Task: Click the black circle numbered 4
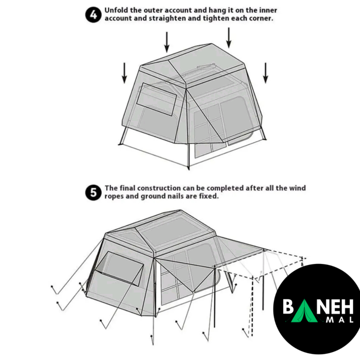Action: point(93,15)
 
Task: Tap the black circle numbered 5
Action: point(93,192)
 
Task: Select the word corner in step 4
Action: point(261,18)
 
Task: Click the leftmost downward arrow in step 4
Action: point(124,73)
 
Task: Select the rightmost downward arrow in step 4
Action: point(265,73)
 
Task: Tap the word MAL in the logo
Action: point(339,319)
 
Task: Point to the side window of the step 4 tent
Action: point(156,99)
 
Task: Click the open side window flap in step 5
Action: point(120,269)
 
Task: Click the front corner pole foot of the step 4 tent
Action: point(189,168)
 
